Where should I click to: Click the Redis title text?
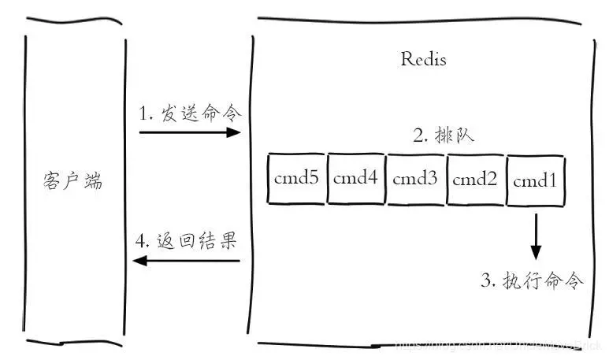[x=423, y=60]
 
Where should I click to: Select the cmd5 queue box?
[x=296, y=179]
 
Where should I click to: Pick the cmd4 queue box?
[x=356, y=179]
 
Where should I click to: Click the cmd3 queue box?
[x=415, y=179]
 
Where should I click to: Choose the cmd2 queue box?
[x=476, y=179]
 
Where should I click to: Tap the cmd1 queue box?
[x=536, y=180]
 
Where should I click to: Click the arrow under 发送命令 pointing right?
[x=189, y=132]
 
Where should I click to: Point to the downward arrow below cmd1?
[x=536, y=236]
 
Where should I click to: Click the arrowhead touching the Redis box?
[x=234, y=132]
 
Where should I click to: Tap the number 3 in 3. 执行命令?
[x=486, y=280]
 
